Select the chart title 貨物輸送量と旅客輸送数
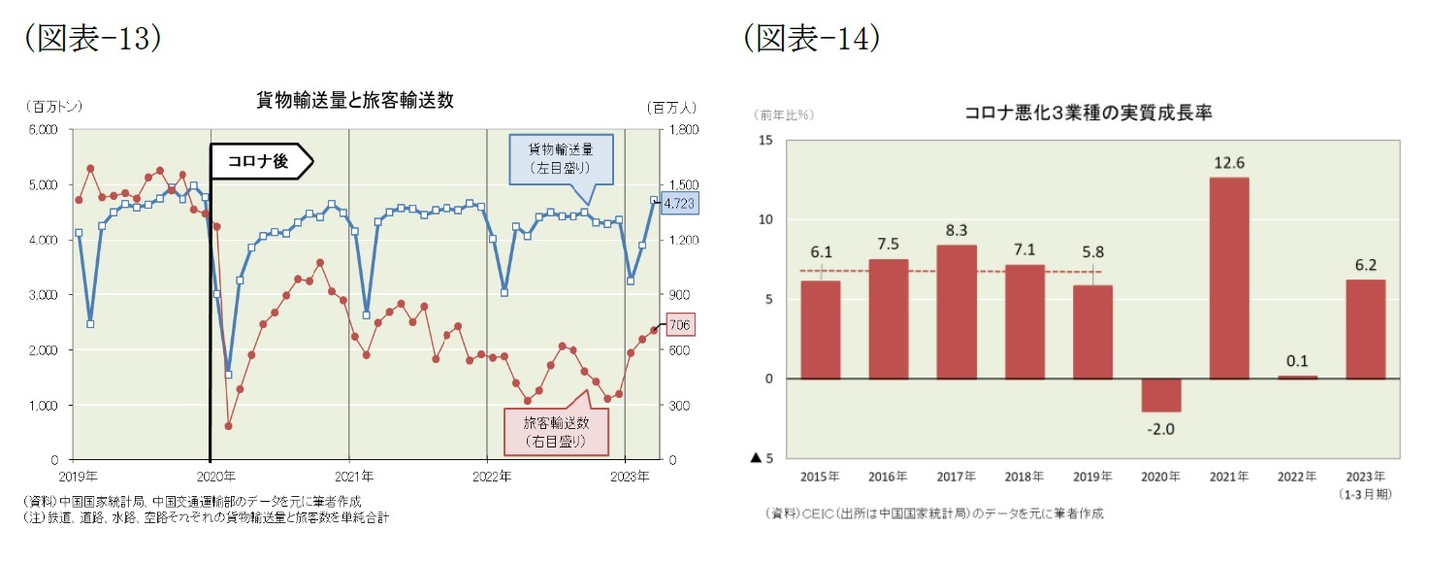[354, 100]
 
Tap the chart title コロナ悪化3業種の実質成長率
[1088, 114]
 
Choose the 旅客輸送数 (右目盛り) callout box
[555, 430]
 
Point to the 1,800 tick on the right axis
[681, 129]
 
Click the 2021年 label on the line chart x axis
[354, 477]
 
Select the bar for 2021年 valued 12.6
[1228, 278]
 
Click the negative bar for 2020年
[1160, 395]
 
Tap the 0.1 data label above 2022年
[1297, 361]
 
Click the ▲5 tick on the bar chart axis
[763, 458]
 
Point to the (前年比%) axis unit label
[784, 115]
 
